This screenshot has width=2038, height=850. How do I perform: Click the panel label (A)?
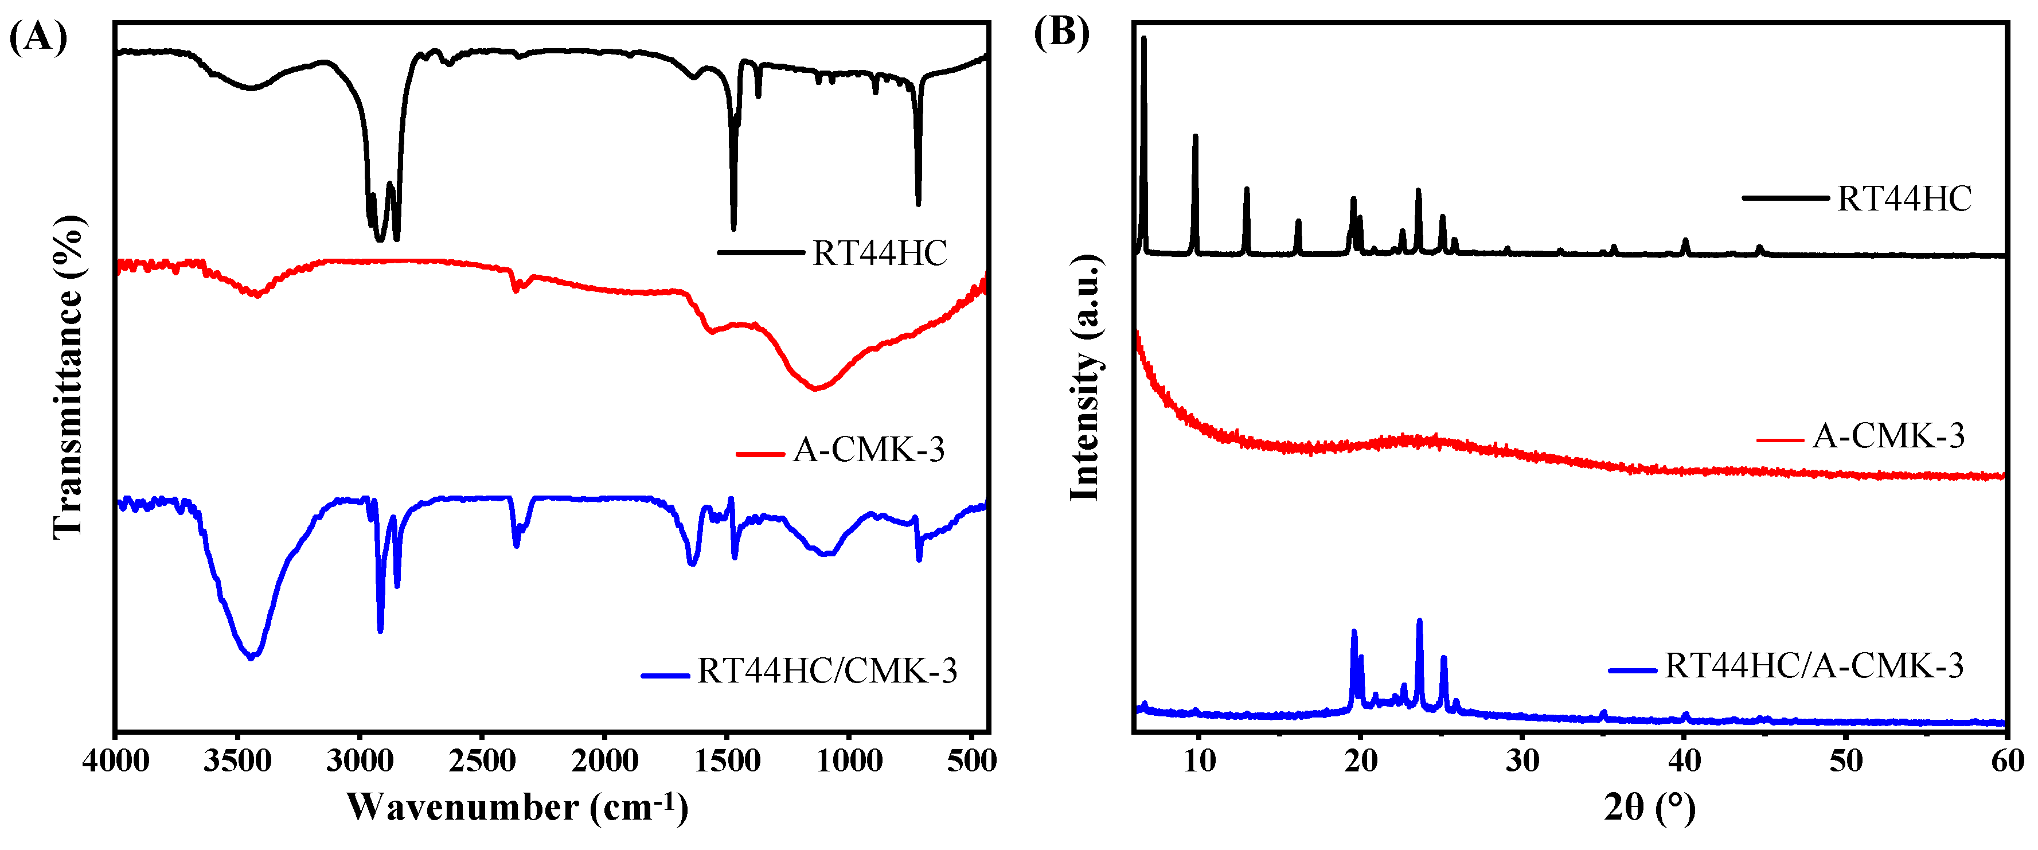[38, 37]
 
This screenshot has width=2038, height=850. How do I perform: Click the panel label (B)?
[1062, 33]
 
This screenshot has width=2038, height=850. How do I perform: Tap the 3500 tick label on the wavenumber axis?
[237, 761]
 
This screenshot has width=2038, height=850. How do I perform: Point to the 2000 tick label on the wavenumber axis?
[604, 761]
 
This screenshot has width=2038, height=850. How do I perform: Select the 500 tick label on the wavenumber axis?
[971, 761]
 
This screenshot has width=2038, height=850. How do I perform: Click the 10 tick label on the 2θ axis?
[1200, 761]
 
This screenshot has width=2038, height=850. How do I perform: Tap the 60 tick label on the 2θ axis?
[2007, 761]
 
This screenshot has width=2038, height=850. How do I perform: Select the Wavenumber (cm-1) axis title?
[518, 807]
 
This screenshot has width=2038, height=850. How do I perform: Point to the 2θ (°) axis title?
[1650, 807]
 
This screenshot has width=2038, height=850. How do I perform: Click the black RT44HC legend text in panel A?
[880, 254]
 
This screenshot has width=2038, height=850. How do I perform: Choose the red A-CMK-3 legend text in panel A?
[869, 450]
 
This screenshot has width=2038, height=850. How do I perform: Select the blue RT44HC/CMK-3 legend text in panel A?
[827, 671]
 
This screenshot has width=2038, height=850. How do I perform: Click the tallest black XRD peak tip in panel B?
[1143, 38]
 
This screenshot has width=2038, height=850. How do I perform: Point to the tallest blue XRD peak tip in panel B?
[1419, 621]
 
